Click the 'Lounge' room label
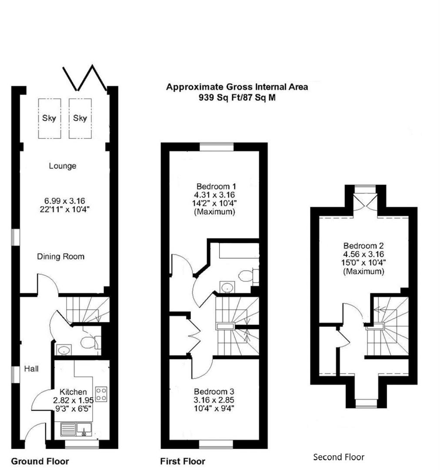pyautogui.click(x=63, y=166)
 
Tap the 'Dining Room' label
pyautogui.click(x=60, y=257)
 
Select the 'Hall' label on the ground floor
pyautogui.click(x=31, y=369)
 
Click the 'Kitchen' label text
pyautogui.click(x=73, y=392)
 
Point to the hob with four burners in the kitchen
pyautogui.click(x=101, y=394)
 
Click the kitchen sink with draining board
pyautogui.click(x=77, y=430)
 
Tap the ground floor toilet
pyautogui.click(x=90, y=342)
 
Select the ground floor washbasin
pyautogui.click(x=63, y=349)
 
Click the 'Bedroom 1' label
pyautogui.click(x=216, y=186)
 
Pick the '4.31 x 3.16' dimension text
pyautogui.click(x=214, y=195)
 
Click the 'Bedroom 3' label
pyautogui.click(x=214, y=392)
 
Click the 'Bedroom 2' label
pyautogui.click(x=363, y=246)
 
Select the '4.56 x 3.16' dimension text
pyautogui.click(x=363, y=254)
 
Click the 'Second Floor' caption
pyautogui.click(x=339, y=457)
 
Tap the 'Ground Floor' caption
pyautogui.click(x=40, y=461)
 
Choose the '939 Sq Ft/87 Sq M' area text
pyautogui.click(x=237, y=97)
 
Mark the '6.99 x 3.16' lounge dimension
pyautogui.click(x=65, y=201)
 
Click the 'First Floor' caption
pyautogui.click(x=183, y=461)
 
